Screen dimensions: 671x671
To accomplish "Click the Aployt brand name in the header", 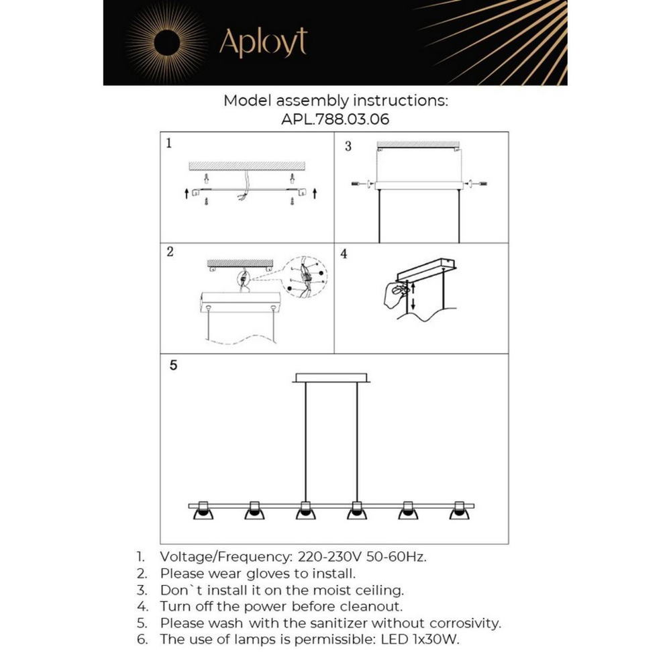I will [263, 44].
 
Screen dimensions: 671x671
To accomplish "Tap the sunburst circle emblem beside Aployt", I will [166, 44].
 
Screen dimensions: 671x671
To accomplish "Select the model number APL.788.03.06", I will [335, 120].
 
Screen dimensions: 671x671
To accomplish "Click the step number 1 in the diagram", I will [169, 143].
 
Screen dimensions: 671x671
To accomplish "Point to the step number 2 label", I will [170, 252].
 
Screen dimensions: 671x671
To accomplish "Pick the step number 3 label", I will [348, 146].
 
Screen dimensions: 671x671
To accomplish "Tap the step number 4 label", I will [344, 255].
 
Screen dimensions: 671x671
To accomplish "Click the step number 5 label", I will [173, 366].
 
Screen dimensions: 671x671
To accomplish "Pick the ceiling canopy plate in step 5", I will [331, 378].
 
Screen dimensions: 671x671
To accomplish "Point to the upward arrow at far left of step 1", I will [186, 194].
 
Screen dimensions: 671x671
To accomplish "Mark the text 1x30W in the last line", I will [439, 639].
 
